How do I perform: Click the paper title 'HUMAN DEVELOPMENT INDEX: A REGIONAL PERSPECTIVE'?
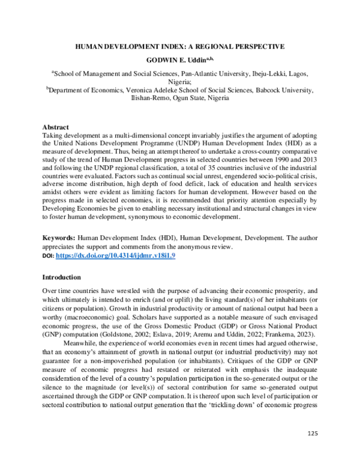(x=179, y=46)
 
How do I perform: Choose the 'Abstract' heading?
(x=56, y=127)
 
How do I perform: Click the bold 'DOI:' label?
(x=48, y=256)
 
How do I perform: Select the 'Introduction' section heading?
(x=61, y=277)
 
